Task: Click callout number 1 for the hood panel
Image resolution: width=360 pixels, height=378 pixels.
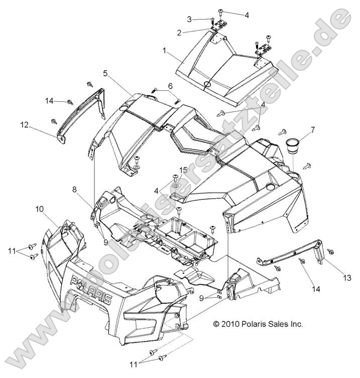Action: point(164,51)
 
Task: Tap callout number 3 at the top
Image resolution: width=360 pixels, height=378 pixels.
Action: point(189,19)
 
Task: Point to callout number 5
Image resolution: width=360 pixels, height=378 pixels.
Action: point(105,73)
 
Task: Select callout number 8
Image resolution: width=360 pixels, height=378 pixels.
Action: point(74,190)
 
